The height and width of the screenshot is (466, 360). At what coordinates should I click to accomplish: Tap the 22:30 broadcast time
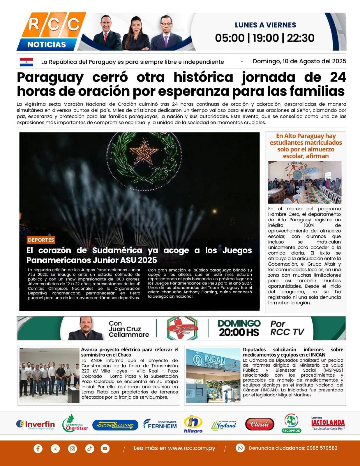click(x=301, y=38)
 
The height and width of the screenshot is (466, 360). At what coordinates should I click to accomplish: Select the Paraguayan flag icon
click(x=26, y=62)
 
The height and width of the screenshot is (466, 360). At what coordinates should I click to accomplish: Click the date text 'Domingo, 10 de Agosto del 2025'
click(x=299, y=61)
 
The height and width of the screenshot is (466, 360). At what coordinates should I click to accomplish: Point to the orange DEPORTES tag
click(x=41, y=240)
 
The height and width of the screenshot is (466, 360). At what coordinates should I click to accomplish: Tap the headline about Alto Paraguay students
click(x=306, y=146)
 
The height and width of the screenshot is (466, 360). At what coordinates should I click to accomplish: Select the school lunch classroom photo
click(x=305, y=182)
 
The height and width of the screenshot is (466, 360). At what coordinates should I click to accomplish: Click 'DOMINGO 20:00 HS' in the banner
click(x=239, y=328)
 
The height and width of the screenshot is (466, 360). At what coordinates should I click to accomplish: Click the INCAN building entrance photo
click(x=213, y=375)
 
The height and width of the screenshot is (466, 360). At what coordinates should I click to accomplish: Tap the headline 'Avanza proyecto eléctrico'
click(x=130, y=352)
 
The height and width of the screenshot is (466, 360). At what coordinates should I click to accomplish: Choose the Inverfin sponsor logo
click(x=36, y=425)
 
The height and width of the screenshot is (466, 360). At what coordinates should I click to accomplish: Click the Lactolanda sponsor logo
click(x=328, y=423)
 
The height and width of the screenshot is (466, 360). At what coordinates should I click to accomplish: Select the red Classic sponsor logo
click(x=260, y=424)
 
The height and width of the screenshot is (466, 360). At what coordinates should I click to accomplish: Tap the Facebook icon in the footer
click(x=38, y=449)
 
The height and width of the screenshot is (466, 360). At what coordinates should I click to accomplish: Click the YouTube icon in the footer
click(x=105, y=449)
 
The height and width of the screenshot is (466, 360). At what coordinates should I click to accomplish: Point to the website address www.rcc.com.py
click(x=174, y=448)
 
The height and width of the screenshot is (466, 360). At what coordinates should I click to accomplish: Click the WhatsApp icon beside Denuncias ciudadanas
click(x=240, y=448)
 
